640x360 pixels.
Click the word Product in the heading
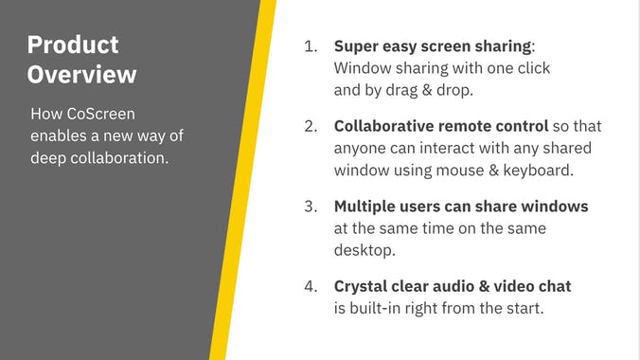[x=73, y=45]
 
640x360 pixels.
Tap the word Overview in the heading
[x=81, y=75]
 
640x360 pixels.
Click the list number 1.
[x=310, y=46]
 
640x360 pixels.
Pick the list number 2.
[x=310, y=126]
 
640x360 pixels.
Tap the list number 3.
[x=310, y=207]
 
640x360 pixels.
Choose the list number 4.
[x=310, y=286]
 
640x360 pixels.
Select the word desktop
[x=364, y=250]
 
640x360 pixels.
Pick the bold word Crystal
[x=361, y=286]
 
